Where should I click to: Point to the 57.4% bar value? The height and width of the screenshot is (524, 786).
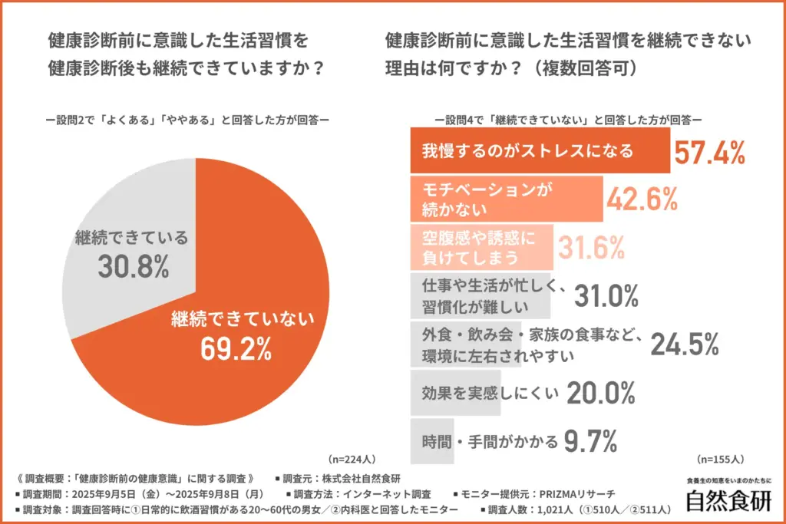tap(710, 152)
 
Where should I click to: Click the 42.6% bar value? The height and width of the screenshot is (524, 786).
tap(642, 199)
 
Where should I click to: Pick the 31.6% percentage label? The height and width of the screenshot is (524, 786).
tap(590, 247)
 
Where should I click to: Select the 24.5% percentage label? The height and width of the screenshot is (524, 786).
tap(685, 344)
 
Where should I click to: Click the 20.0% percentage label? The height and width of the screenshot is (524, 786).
tap(600, 393)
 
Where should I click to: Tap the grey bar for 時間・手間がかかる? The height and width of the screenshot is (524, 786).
tap(433, 441)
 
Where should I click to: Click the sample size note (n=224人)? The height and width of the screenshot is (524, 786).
tap(351, 460)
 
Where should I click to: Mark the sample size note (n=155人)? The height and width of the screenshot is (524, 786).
tap(720, 460)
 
